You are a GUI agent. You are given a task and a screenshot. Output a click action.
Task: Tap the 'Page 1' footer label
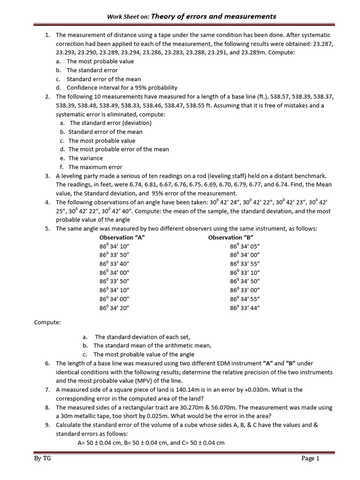coord(310,458)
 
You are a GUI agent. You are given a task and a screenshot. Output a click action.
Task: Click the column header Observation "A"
coord(122,237)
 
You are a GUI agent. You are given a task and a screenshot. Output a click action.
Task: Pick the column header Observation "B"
coord(231,237)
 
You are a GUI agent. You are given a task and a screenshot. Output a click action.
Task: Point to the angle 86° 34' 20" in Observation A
coord(114,307)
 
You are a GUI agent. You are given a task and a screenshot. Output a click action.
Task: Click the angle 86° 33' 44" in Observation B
coord(245,307)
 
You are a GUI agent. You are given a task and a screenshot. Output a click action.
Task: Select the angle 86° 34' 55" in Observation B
coord(245,299)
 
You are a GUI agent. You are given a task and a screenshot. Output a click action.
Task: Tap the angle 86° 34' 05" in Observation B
coord(245,246)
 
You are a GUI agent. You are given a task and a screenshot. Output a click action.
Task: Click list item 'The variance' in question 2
coord(85,158)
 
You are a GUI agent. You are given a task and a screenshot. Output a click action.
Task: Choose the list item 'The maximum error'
coord(95,167)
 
